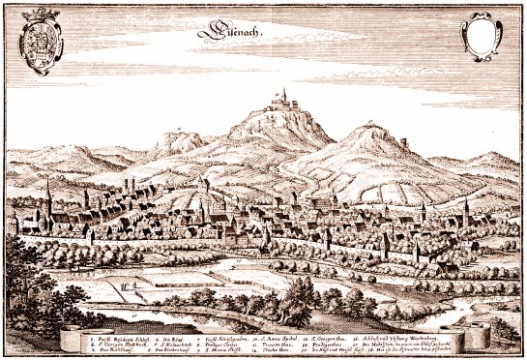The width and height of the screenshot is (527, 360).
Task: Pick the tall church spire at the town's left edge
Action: pos(47,194)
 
